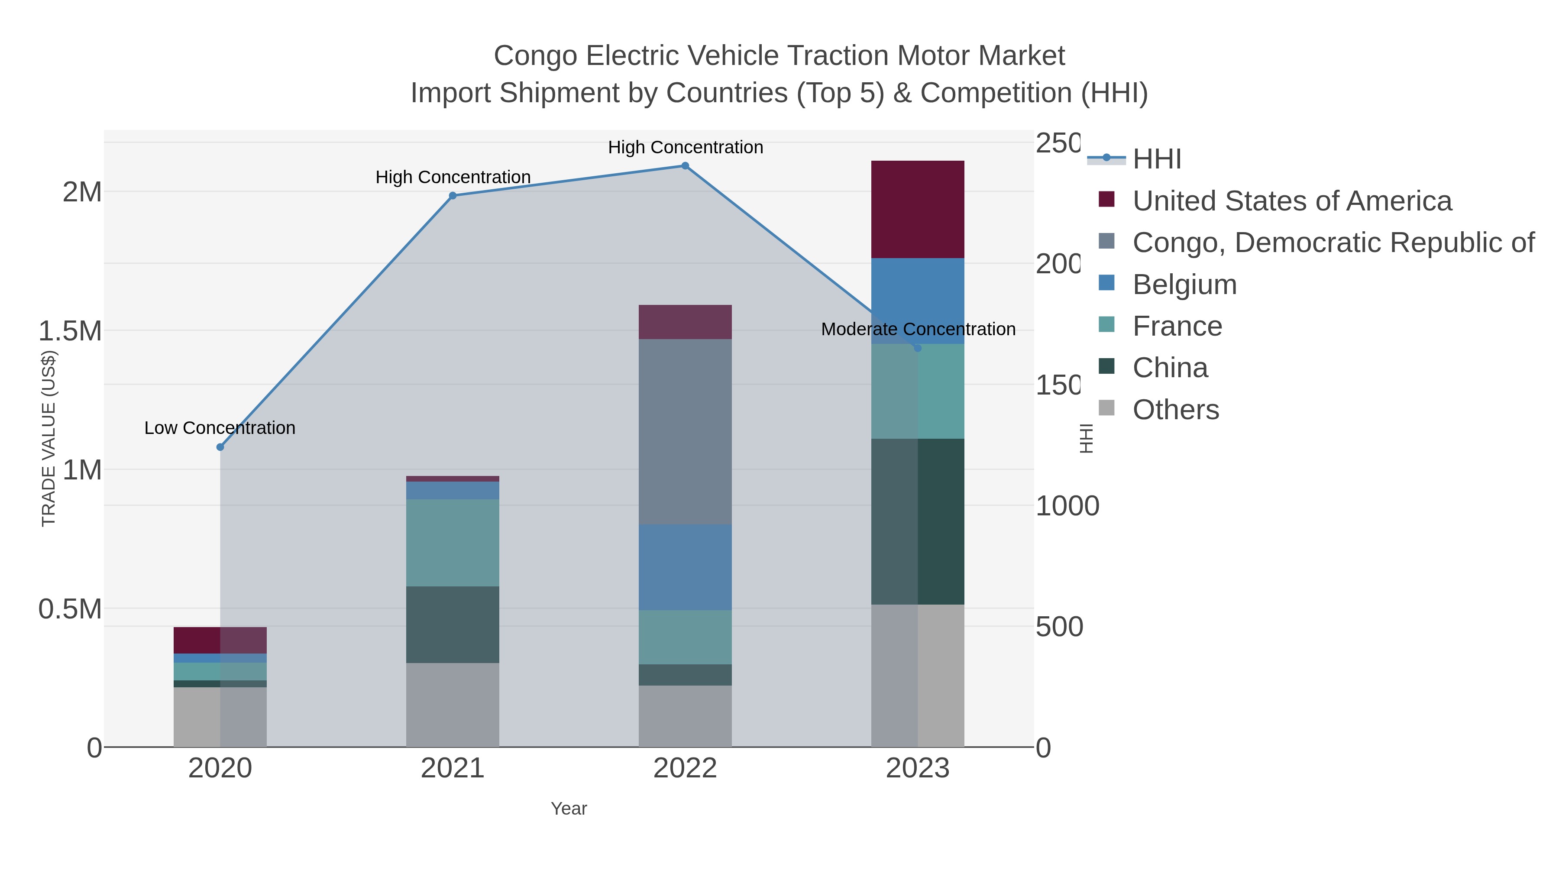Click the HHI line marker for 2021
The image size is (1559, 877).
tap(452, 195)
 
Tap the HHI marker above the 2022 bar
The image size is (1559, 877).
tap(685, 166)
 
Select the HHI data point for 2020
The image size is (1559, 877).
tap(220, 447)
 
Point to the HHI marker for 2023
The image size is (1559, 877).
tap(918, 348)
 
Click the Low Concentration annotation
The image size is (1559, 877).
tap(220, 428)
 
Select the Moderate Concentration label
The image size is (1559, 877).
tap(918, 329)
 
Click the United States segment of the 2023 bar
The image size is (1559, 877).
tap(918, 210)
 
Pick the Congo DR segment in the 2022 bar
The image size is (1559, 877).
tap(685, 431)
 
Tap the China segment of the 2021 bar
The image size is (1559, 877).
tap(452, 624)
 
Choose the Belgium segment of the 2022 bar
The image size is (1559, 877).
tap(685, 567)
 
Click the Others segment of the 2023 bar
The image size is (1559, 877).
tap(918, 675)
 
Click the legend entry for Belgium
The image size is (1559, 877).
tap(1184, 285)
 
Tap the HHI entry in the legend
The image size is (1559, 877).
tap(1157, 159)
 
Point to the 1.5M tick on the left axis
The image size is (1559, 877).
tap(70, 331)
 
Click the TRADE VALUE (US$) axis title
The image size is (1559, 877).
tap(49, 438)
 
